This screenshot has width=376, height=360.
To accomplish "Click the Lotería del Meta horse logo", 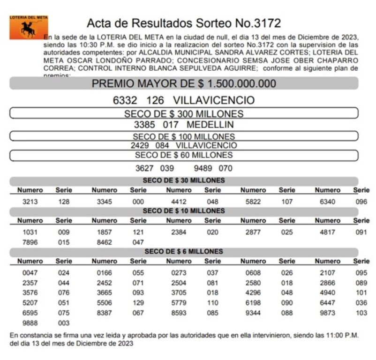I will (x=29, y=28).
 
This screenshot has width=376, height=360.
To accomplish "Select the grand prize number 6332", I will (x=125, y=100).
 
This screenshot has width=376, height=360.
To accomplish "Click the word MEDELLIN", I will (x=210, y=125).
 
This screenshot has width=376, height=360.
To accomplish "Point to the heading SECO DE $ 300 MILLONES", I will (x=184, y=114).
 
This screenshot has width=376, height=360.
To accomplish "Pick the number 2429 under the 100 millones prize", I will (x=140, y=145).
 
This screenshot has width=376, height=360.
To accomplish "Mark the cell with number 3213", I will (x=30, y=202).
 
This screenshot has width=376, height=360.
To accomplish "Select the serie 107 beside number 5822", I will (x=287, y=202).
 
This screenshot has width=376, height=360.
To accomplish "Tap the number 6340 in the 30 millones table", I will (x=327, y=202).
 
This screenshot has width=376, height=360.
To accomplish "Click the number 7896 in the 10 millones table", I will (x=30, y=242).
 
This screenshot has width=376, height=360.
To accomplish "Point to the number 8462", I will (x=104, y=242).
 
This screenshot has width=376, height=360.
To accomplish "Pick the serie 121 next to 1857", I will (x=138, y=232).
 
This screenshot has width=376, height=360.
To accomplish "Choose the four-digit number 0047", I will (x=30, y=273).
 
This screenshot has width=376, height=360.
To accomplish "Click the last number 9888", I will (x=30, y=323).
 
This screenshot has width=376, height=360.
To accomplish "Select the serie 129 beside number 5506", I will (x=138, y=303).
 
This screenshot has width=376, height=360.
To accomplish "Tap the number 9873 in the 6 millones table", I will (x=327, y=313).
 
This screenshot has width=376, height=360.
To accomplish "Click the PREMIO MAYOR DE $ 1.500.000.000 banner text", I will (x=184, y=84).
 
